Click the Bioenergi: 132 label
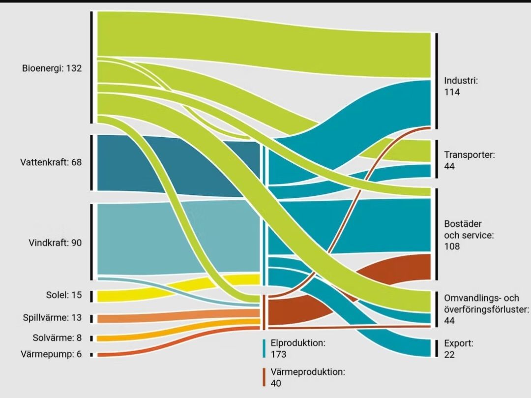click(52, 68)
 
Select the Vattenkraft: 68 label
click(51, 162)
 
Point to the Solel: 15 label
click(61, 295)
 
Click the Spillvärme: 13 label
click(52, 318)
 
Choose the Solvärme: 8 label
click(57, 338)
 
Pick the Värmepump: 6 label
click(51, 354)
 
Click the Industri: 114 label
click(461, 86)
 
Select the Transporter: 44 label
click(469, 160)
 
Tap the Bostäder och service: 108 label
click(468, 235)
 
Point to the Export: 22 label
click(458, 349)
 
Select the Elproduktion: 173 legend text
click(298, 348)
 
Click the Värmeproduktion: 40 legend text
click(308, 377)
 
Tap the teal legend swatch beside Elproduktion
click(265, 348)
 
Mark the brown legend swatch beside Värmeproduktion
click(265, 377)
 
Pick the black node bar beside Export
click(436, 348)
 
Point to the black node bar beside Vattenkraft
click(91, 162)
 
